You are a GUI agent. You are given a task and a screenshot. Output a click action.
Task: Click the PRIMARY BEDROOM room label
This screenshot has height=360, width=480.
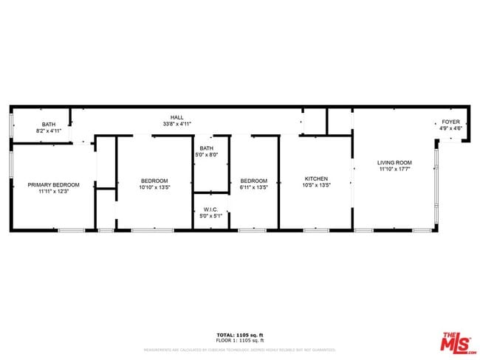click(x=53, y=184)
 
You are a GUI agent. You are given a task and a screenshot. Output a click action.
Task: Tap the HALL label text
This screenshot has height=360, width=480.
click(x=177, y=117)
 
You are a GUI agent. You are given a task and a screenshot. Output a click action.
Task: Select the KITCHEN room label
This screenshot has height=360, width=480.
click(x=316, y=179)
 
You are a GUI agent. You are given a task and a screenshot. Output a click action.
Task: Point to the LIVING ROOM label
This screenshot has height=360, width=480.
click(x=394, y=162)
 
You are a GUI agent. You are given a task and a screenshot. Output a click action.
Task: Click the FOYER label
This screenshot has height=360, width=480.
click(x=450, y=122)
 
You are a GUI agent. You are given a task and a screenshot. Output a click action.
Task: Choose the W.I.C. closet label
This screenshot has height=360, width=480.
click(x=210, y=209)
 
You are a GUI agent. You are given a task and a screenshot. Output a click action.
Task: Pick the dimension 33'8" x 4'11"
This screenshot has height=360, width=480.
click(x=177, y=124)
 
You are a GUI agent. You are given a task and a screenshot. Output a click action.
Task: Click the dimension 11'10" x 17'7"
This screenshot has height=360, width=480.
click(x=394, y=169)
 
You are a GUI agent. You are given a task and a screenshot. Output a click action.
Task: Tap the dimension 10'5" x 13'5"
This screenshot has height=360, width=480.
click(x=316, y=185)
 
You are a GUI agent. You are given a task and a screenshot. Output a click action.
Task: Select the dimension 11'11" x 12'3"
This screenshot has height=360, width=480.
click(x=53, y=191)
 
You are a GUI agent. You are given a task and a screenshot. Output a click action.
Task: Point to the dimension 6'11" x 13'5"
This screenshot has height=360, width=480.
click(x=253, y=187)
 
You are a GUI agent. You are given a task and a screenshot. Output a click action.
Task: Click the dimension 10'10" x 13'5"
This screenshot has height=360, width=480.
click(x=155, y=187)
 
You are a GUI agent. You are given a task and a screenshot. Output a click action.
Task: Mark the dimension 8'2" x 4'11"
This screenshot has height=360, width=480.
click(x=48, y=131)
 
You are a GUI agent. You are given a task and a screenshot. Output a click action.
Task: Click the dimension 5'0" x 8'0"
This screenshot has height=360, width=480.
click(x=207, y=155)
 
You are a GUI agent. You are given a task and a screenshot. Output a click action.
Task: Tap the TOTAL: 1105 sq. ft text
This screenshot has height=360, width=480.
click(x=239, y=335)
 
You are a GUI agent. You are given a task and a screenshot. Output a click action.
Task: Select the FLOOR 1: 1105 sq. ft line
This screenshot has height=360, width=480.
click(x=239, y=340)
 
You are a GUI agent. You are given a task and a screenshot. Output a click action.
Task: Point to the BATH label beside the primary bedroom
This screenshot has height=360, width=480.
click(x=48, y=124)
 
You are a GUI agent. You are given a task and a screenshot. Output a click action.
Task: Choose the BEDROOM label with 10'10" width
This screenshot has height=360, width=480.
click(x=155, y=181)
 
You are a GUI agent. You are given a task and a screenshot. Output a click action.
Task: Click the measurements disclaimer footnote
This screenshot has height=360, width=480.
click(x=239, y=350)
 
